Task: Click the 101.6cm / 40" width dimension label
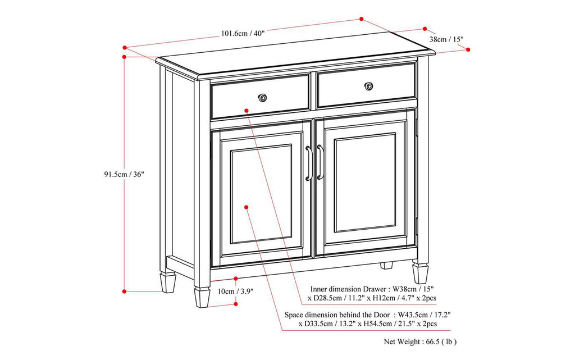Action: click(x=243, y=33)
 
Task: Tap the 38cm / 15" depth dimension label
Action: click(x=446, y=39)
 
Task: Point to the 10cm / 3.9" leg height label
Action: click(x=223, y=291)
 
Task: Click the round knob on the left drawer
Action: click(x=262, y=98)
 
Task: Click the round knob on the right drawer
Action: click(x=368, y=86)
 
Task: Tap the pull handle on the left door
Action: click(x=308, y=163)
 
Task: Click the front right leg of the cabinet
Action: click(x=420, y=273)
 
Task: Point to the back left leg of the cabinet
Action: click(x=167, y=282)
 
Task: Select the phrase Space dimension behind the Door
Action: click(x=337, y=315)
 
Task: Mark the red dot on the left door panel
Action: click(x=246, y=207)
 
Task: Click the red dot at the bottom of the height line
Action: click(x=124, y=291)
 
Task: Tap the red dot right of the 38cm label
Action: click(x=468, y=49)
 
